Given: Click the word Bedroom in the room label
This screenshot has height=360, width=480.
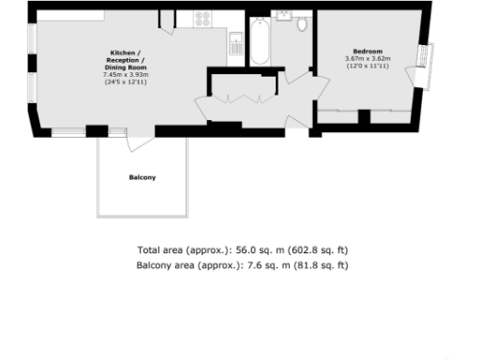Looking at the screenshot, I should click(x=367, y=51).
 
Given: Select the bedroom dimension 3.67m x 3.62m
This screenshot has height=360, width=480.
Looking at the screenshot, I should click(x=367, y=58).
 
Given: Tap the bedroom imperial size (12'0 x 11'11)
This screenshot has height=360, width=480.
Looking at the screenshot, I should click(x=367, y=66).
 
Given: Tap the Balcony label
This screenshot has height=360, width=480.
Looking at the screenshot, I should click(x=142, y=177).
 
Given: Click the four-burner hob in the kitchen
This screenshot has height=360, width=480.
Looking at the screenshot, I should click(x=202, y=17).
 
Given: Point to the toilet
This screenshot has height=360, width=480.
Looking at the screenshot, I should click(x=302, y=24).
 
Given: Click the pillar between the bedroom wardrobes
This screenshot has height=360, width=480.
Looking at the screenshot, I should click(x=365, y=117).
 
